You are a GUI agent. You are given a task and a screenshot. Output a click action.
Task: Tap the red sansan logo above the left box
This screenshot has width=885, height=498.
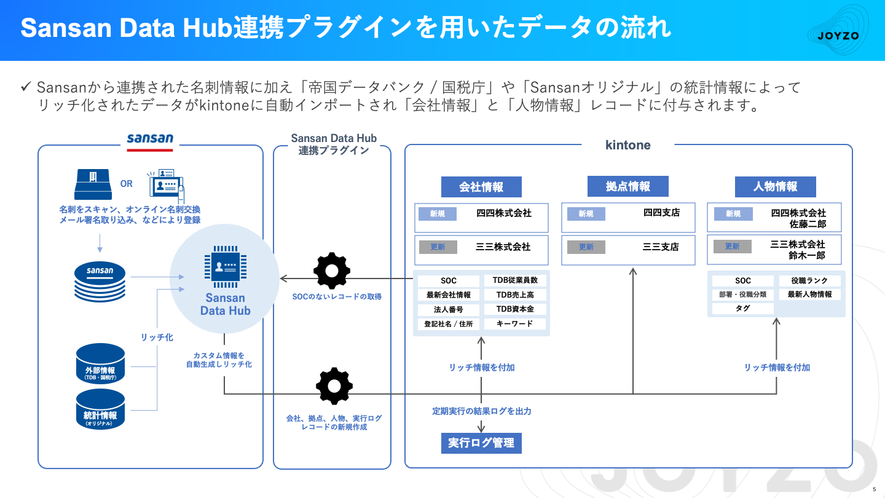pos(150,140)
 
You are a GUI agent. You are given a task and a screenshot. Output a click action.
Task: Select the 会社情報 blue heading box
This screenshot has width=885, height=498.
pos(481,187)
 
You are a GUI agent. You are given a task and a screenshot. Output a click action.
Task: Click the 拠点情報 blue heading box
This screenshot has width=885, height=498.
pos(627,186)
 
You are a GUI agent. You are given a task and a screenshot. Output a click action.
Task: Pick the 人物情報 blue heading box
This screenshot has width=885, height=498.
pos(775,186)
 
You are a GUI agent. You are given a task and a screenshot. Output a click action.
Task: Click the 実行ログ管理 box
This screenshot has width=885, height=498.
pos(481,443)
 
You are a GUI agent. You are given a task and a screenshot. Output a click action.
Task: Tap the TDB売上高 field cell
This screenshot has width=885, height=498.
pos(515,295)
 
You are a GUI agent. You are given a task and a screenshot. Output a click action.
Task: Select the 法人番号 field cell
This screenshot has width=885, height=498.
pos(449,310)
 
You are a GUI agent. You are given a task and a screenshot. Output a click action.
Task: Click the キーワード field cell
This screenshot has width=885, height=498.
pos(515,324)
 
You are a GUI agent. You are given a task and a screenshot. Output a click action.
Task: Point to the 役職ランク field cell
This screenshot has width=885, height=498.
pos(810,281)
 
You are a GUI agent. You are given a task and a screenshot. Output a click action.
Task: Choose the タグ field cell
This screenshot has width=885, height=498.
pos(742,309)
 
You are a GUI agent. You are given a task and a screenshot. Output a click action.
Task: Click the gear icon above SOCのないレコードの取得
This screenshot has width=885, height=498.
pos(332,271)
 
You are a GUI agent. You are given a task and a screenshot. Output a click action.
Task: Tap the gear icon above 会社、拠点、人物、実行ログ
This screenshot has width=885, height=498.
pos(334,386)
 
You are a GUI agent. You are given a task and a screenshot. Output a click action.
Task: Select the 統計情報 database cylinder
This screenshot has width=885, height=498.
pos(100,409)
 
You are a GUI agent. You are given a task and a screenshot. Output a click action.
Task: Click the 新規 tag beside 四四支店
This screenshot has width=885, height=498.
pos(586,214)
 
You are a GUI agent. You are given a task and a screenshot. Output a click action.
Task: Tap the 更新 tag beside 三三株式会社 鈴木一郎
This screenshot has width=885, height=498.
pos(733,247)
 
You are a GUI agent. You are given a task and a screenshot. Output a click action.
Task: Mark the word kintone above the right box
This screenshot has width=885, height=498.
pos(627,145)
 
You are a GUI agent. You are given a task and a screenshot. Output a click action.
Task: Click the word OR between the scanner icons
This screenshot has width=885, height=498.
pos(127,184)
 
